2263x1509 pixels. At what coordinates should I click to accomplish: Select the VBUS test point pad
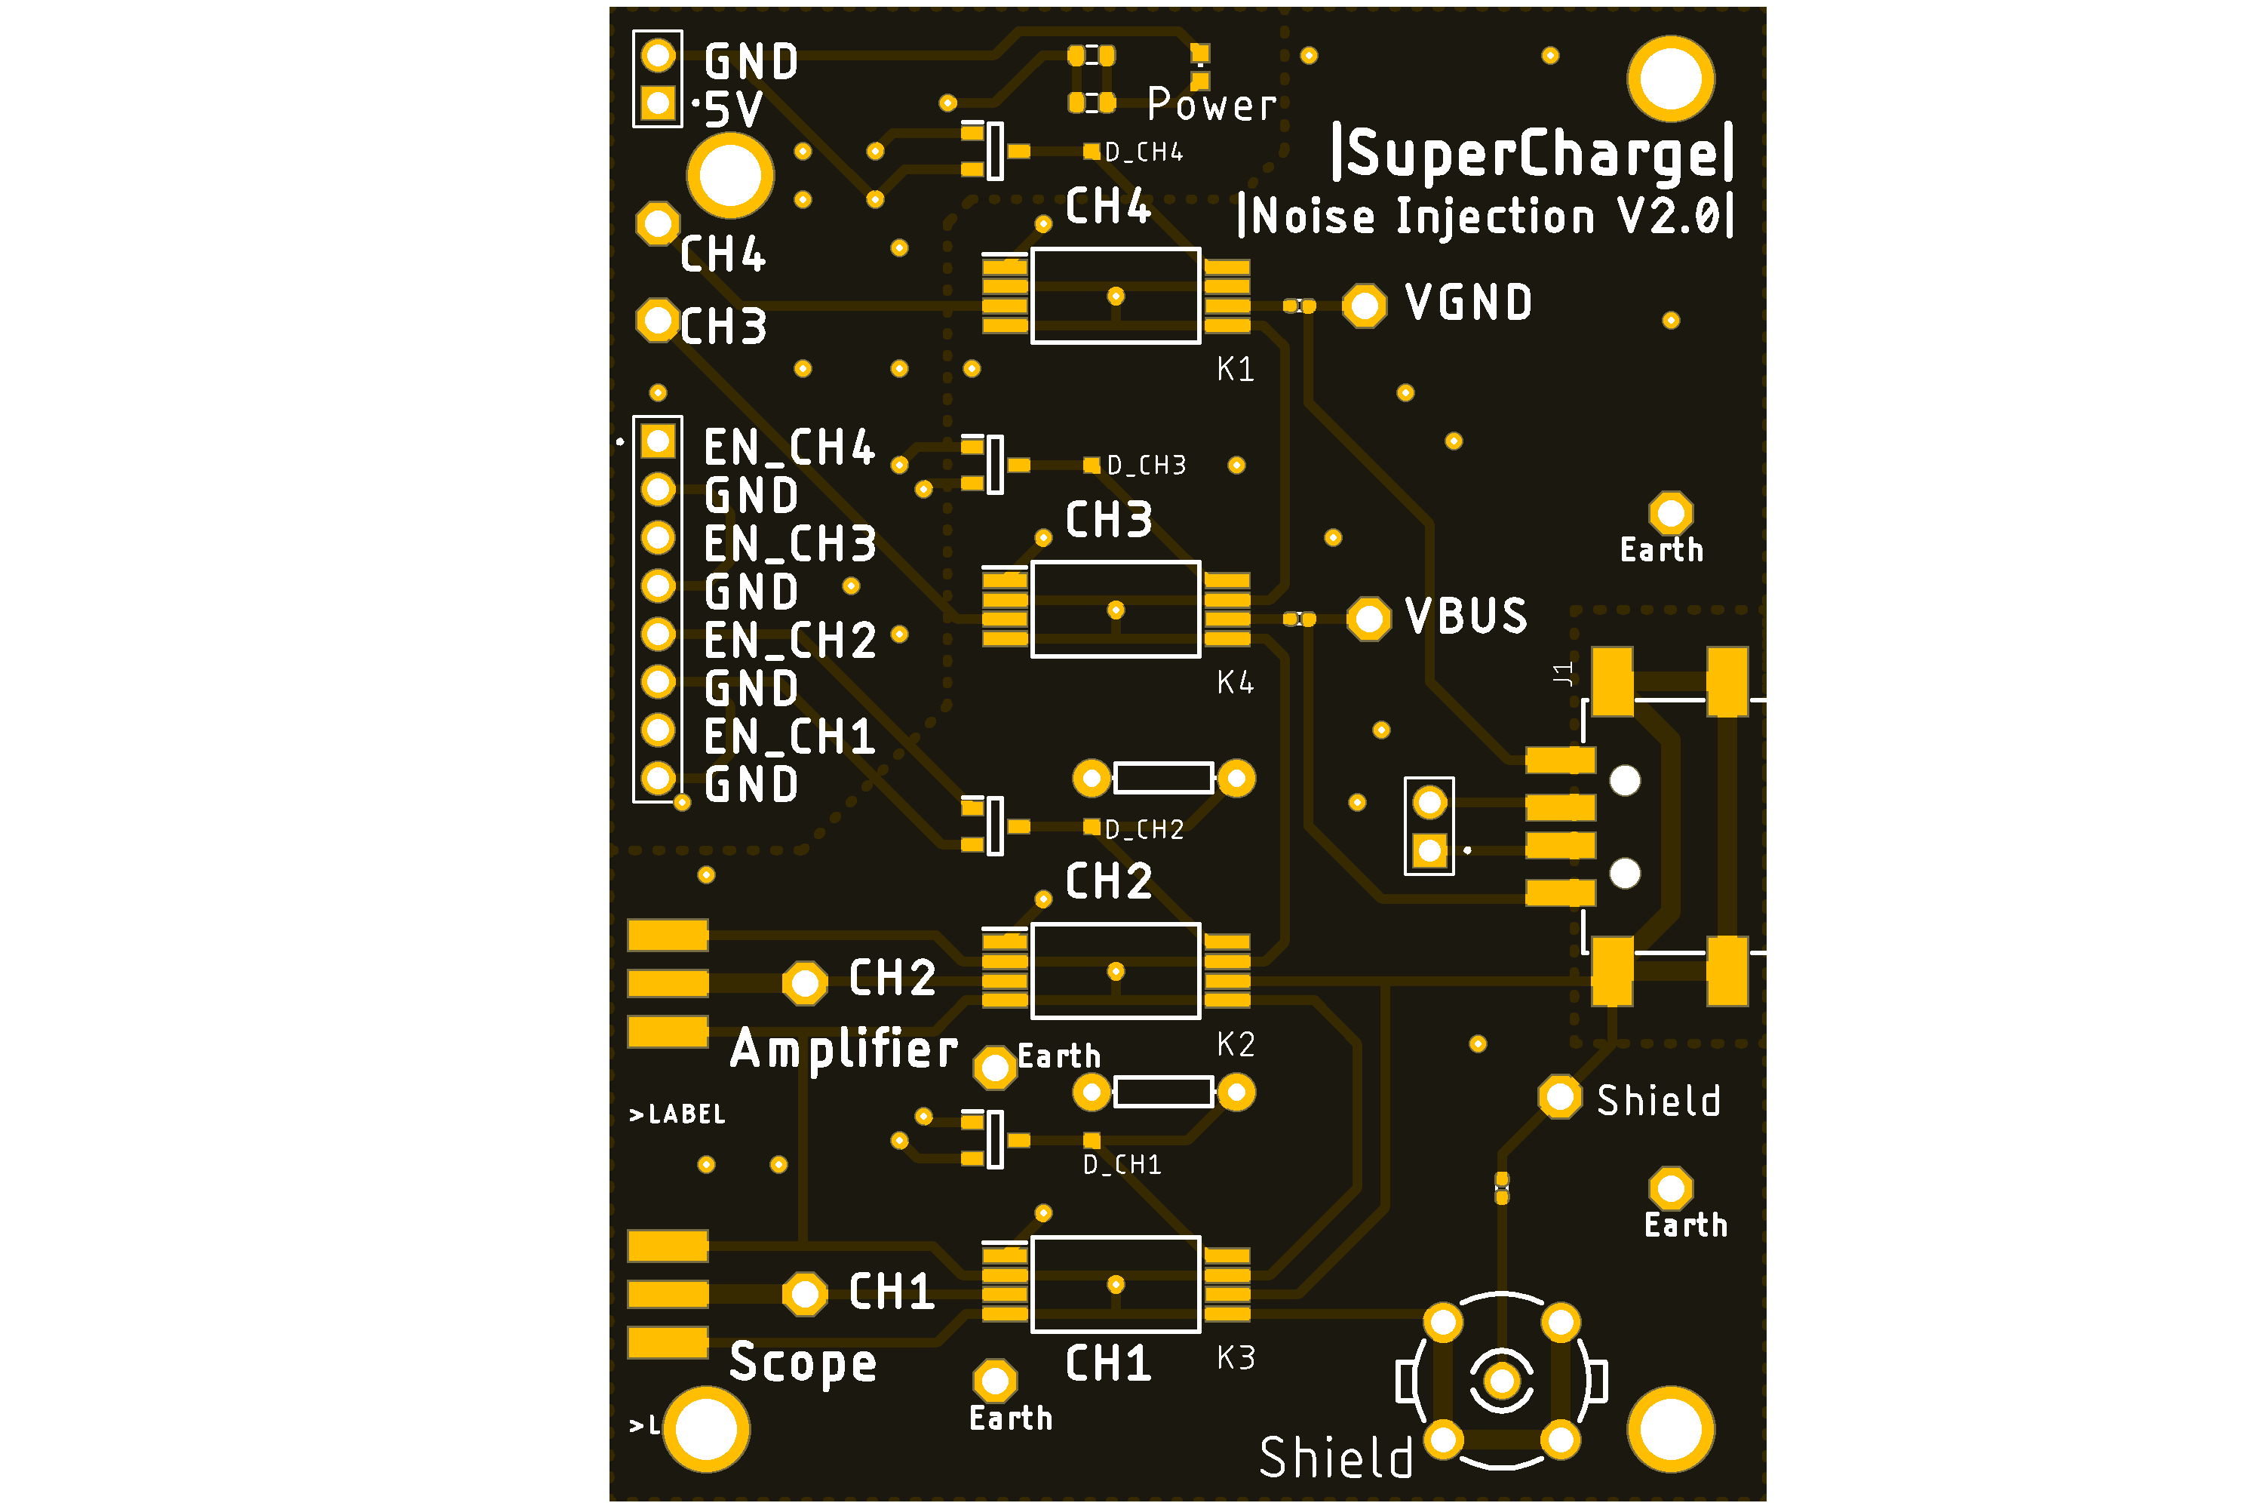coord(1368,619)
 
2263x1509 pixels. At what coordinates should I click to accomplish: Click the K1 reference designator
coord(1236,370)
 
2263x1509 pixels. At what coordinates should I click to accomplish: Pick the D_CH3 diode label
coord(1146,466)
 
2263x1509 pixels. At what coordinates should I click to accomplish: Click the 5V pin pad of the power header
coord(658,102)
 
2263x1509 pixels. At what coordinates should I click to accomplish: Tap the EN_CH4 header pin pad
coord(658,441)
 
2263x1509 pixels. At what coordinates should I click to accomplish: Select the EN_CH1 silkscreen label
coord(789,737)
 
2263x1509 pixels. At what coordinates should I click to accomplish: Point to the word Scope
coord(803,1363)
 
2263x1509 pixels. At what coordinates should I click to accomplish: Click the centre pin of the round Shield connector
coord(1501,1381)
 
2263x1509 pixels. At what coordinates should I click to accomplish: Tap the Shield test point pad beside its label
coord(1560,1097)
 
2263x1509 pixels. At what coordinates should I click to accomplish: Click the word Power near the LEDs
coord(1211,104)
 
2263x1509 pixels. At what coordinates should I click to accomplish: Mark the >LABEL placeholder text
coord(677,1114)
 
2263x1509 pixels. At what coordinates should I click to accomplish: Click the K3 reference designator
coord(1236,1358)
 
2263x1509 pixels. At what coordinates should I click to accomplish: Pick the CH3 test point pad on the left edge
coord(658,321)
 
